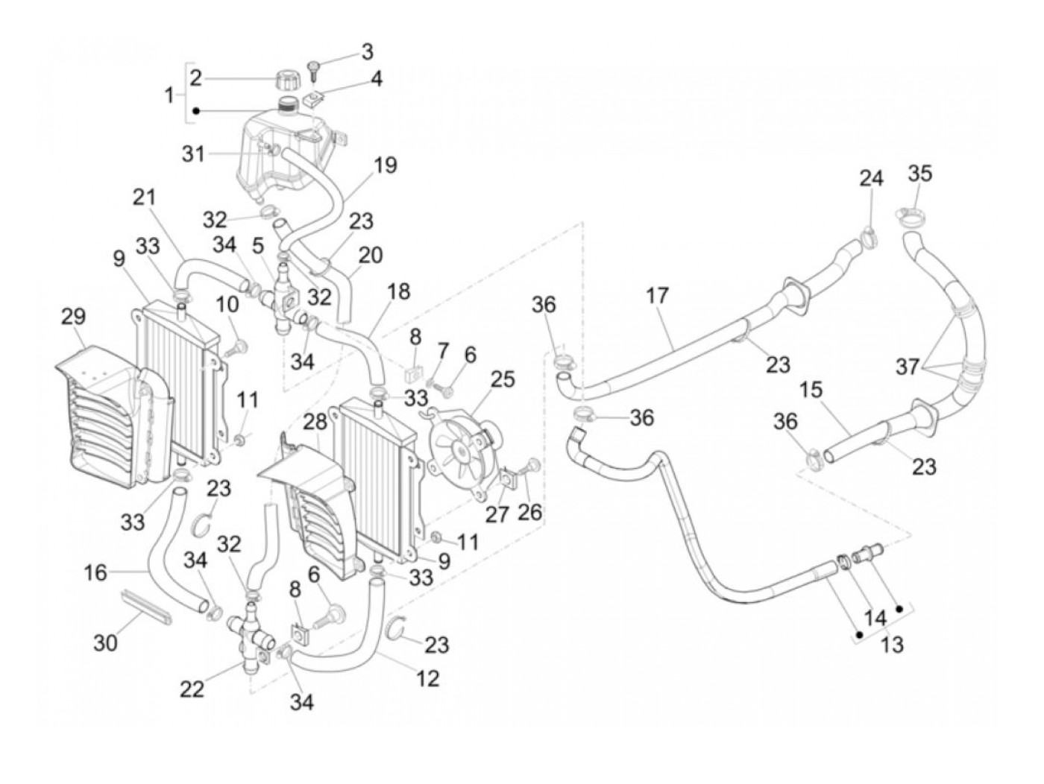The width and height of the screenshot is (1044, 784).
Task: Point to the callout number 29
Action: pos(72,316)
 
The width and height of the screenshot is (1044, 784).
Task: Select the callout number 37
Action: pos(908,367)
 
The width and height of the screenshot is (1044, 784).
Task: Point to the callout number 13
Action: pos(892,644)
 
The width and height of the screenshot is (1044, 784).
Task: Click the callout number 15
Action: pos(812,391)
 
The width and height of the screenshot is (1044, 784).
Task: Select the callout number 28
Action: pos(315,423)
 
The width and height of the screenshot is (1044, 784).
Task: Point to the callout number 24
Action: pos(871,180)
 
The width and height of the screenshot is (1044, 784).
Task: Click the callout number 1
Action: pos(169,95)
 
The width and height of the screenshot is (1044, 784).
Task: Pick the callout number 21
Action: pos(145,197)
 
